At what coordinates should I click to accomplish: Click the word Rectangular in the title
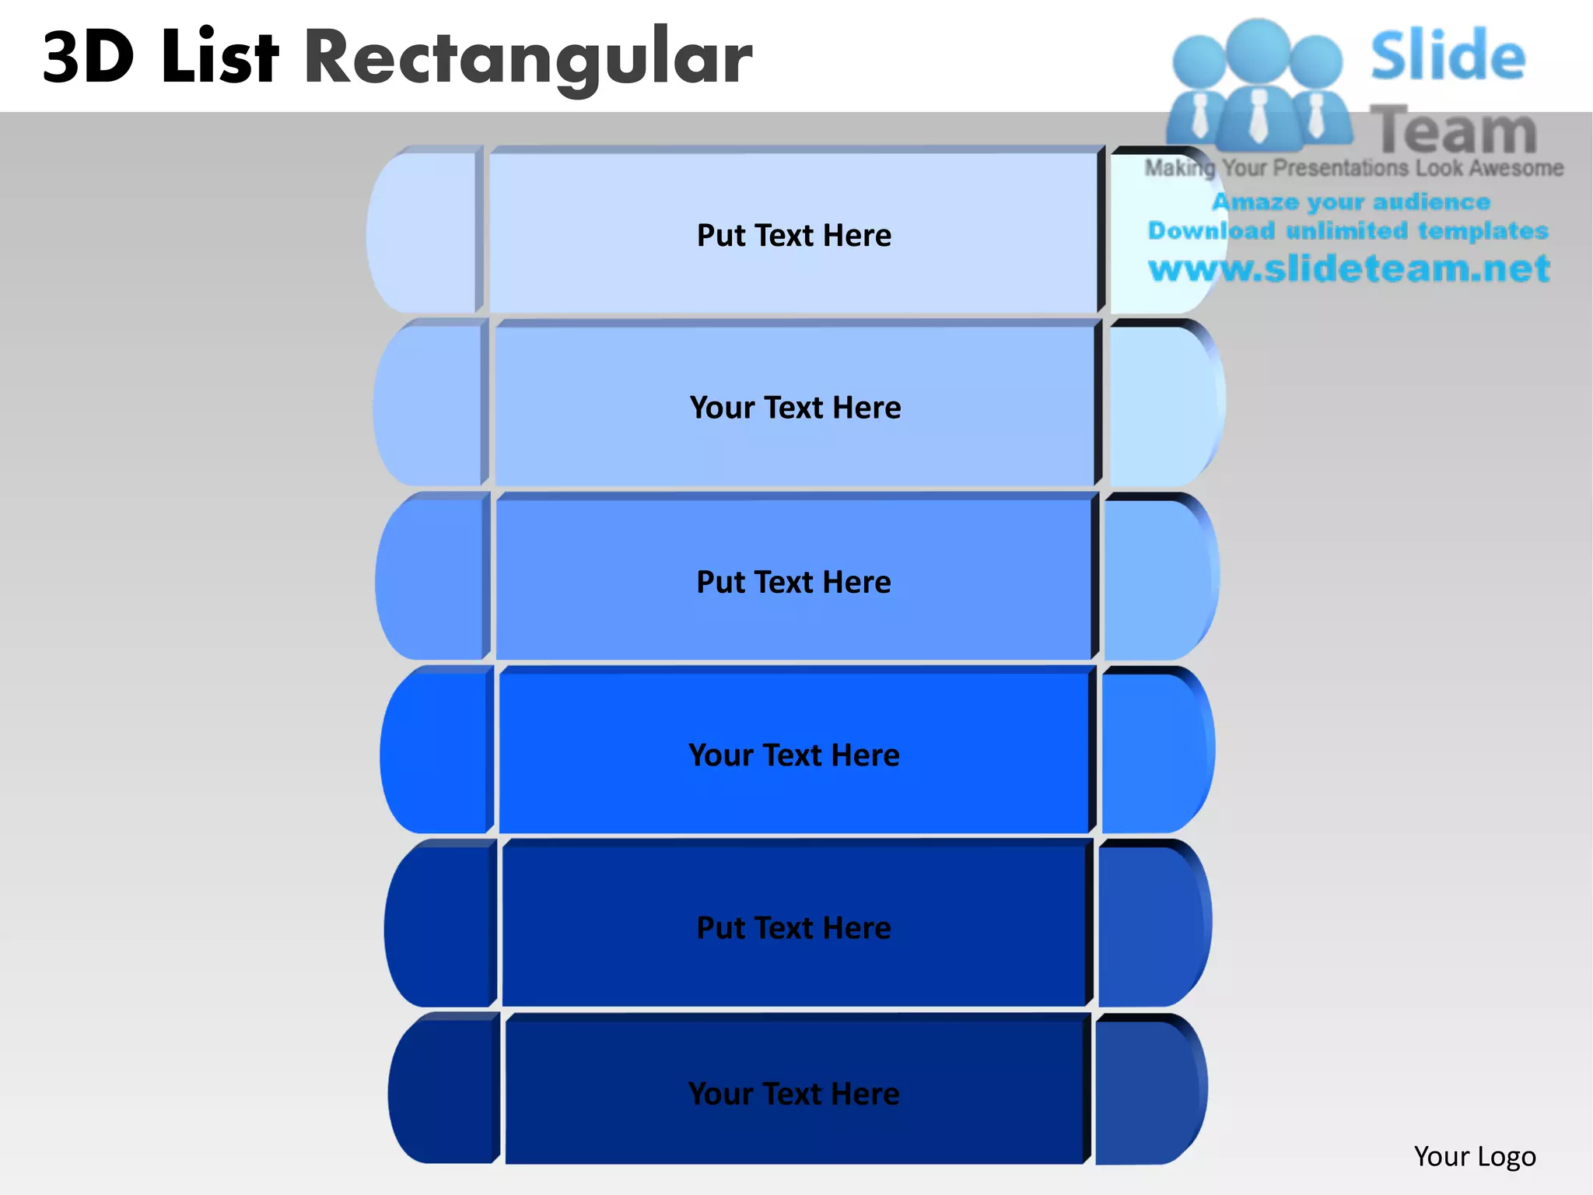point(527,58)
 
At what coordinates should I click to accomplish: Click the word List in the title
point(219,56)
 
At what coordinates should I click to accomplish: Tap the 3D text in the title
point(88,58)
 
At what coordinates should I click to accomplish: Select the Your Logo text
point(1474,1156)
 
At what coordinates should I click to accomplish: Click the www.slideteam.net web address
point(1349,268)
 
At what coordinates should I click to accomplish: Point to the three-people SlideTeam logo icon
point(1259,86)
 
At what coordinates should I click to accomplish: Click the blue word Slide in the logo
point(1448,56)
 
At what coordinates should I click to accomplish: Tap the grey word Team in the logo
point(1453,130)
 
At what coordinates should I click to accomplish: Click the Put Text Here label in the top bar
point(793,235)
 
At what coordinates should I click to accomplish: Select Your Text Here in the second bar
point(795,408)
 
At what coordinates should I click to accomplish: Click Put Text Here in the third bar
point(793,582)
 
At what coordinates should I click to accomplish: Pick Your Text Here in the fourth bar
point(793,755)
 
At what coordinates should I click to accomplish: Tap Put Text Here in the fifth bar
point(793,927)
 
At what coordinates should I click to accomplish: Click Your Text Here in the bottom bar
point(793,1094)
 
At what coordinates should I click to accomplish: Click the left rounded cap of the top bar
point(424,232)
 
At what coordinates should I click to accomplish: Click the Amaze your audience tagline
point(1350,202)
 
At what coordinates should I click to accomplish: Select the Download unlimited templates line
point(1348,230)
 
